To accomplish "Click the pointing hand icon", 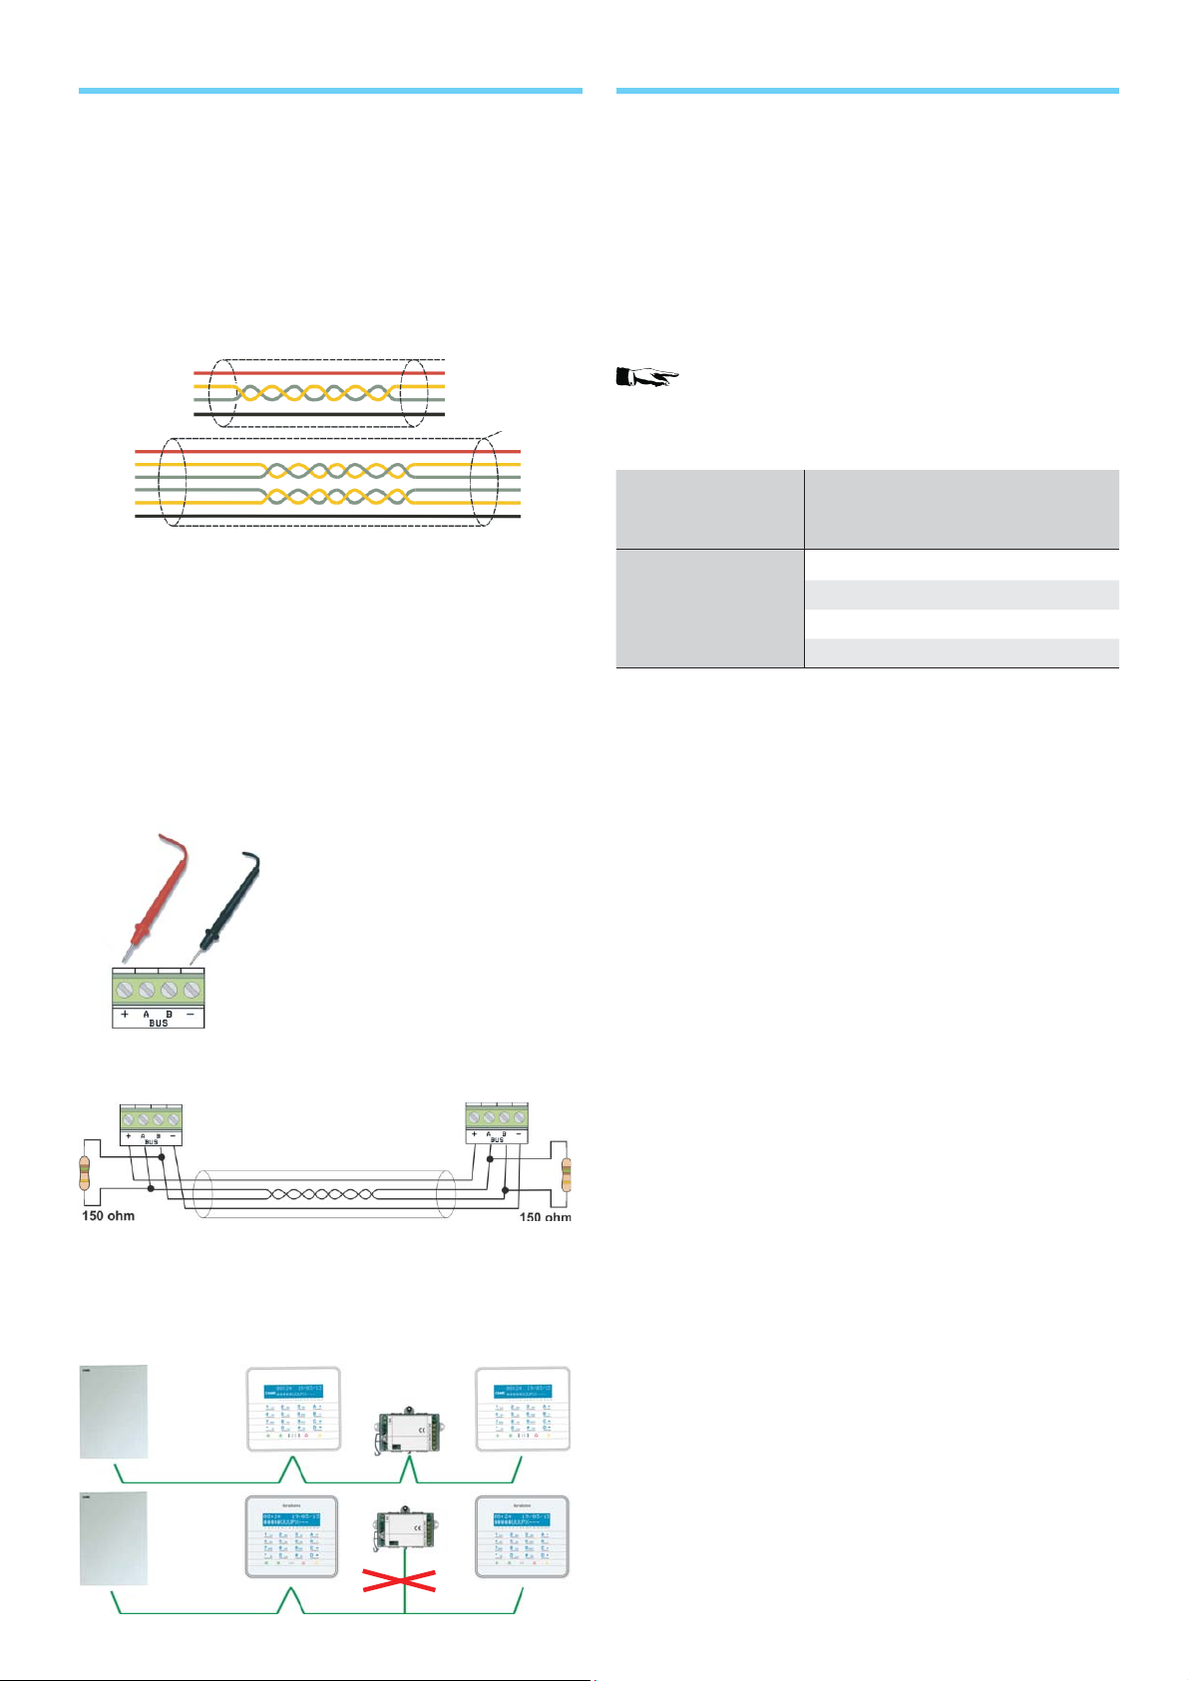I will pos(647,377).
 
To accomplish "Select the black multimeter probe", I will pos(230,897).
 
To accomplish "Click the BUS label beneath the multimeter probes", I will pos(158,1024).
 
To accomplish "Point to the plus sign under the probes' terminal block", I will pos(125,1014).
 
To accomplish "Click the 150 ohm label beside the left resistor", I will pos(108,1216).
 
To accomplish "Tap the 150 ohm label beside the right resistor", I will pos(545,1217).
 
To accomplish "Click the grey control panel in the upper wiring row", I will pos(114,1412).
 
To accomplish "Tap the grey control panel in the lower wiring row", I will pos(114,1538).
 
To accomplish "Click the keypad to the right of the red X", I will pos(522,1536).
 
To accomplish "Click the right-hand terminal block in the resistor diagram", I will pos(497,1116).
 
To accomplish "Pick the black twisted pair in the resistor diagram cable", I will pos(323,1193).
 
